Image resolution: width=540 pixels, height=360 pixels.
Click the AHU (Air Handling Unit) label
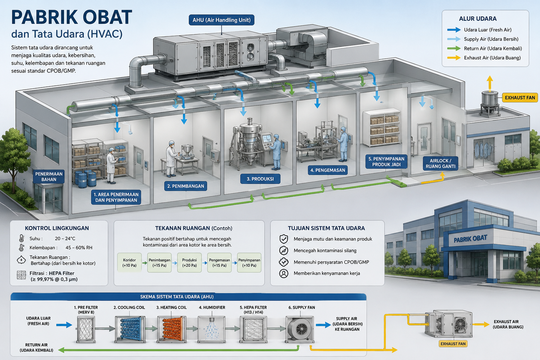(x=221, y=20)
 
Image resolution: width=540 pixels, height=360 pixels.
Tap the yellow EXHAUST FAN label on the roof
(x=520, y=98)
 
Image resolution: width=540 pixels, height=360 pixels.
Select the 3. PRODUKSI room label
(x=260, y=179)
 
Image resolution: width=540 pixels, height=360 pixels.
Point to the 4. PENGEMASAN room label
(x=328, y=170)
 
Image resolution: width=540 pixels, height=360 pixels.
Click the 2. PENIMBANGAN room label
(x=186, y=186)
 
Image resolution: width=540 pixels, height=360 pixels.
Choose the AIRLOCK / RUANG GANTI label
(x=441, y=163)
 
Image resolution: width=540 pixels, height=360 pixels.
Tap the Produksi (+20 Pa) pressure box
(x=189, y=263)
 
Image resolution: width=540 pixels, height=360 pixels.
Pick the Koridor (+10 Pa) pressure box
(x=129, y=263)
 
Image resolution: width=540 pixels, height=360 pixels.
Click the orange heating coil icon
(x=172, y=329)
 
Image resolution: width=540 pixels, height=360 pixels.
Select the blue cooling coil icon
(x=130, y=329)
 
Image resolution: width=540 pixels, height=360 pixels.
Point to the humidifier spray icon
(x=212, y=329)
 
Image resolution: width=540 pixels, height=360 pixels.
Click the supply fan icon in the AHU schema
(x=300, y=329)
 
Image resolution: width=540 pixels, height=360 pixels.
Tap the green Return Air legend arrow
(x=454, y=49)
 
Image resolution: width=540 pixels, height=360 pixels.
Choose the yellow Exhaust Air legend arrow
(x=454, y=58)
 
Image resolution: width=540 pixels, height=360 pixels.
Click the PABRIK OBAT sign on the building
(x=470, y=239)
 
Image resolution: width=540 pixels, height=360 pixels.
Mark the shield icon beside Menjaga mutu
(x=284, y=239)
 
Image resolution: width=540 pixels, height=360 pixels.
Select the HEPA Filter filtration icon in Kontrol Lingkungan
(x=21, y=275)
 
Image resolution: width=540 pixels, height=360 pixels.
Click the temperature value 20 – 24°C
(x=65, y=239)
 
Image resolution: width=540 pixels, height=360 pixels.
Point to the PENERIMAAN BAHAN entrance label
(x=49, y=177)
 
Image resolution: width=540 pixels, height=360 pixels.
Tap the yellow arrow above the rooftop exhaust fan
(x=490, y=83)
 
